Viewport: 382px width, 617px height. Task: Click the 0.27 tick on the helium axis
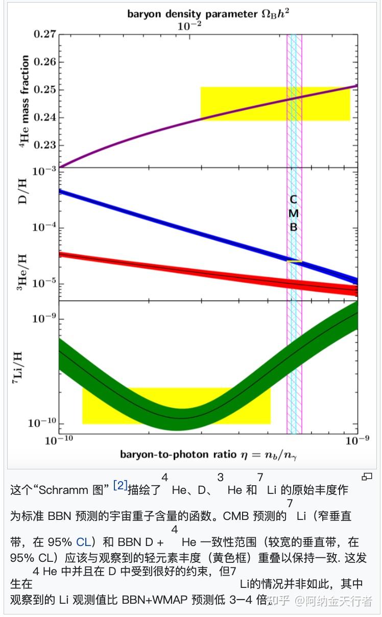pyautogui.click(x=44, y=35)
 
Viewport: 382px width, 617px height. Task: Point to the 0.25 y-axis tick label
pyautogui.click(x=44, y=90)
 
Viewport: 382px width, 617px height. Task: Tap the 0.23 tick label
pyautogui.click(x=44, y=145)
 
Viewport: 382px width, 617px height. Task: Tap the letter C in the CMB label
pyautogui.click(x=293, y=200)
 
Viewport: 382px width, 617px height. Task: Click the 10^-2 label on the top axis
pyautogui.click(x=190, y=26)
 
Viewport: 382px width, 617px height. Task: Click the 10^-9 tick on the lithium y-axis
pyautogui.click(x=43, y=319)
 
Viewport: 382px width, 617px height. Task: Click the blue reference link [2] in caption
pyautogui.click(x=120, y=485)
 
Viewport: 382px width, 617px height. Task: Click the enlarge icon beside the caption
pyautogui.click(x=367, y=477)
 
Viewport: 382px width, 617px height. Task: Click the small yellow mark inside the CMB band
pyautogui.click(x=294, y=262)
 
